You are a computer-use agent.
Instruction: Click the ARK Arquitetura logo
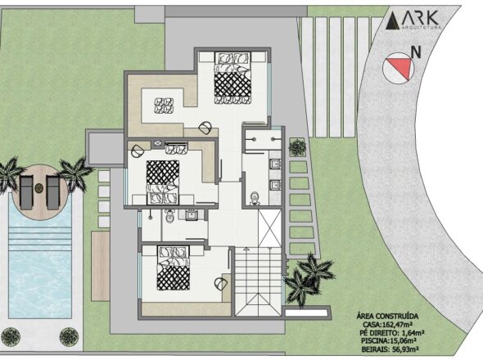413,20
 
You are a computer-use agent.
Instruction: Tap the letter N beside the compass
417,52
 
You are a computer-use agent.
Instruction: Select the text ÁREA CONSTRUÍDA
387,317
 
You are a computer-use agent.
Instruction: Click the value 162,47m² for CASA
397,325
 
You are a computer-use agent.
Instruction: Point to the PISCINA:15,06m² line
390,341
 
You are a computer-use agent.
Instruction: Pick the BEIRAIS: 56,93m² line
390,349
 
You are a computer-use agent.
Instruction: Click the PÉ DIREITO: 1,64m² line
392,333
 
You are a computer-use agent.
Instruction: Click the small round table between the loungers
38,187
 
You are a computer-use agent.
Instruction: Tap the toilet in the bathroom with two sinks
255,198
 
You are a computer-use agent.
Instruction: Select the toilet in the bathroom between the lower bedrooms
169,217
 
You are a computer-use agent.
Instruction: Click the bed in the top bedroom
232,78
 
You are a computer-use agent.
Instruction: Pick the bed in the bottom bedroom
173,268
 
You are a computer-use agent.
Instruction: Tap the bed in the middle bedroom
163,182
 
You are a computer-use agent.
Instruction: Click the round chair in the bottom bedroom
220,283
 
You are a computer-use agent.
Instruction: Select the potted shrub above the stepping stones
297,147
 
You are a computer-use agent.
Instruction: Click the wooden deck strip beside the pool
101,266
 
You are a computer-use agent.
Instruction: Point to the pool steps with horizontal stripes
40,238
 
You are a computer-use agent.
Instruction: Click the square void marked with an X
270,227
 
